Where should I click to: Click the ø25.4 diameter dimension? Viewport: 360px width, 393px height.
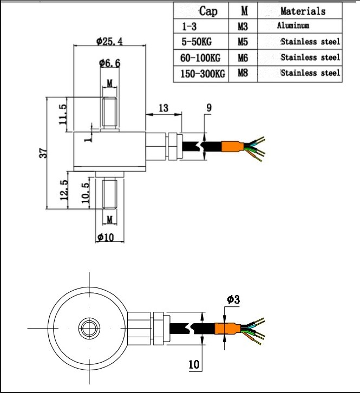coord(109,41)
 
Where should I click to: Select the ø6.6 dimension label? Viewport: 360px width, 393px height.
coord(109,63)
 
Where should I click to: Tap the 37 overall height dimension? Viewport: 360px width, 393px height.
coord(43,153)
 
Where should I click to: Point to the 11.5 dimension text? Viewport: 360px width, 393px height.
coord(63,114)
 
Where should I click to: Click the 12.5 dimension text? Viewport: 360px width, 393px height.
coord(64,189)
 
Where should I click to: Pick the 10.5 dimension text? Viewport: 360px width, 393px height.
coord(86,193)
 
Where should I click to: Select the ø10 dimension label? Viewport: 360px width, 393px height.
coord(106,237)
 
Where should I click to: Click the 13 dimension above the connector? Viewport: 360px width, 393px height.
coord(163,108)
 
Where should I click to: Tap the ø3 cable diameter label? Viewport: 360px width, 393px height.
coord(233,299)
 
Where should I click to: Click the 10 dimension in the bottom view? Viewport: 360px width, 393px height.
coord(194,364)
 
